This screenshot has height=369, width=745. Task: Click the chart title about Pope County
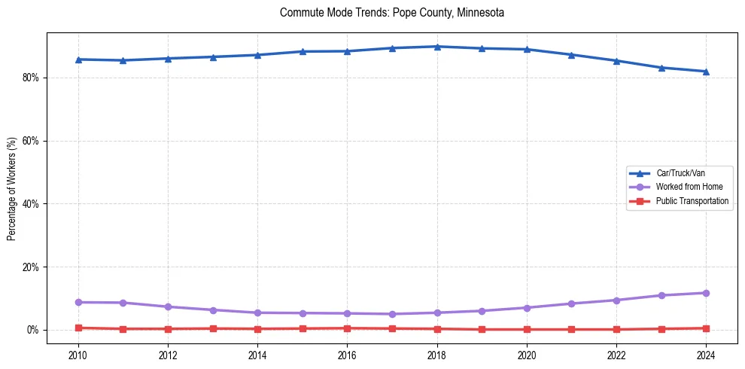[x=391, y=13]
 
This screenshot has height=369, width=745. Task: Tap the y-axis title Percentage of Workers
[x=11, y=188]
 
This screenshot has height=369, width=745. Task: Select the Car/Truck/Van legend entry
[x=680, y=173]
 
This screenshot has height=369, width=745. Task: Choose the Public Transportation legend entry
[x=692, y=201]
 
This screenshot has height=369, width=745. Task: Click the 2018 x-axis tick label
[x=437, y=355]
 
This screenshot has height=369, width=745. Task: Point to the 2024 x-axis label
[x=706, y=355]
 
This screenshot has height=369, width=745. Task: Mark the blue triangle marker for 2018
[x=437, y=47]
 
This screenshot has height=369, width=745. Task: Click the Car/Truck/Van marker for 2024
[x=706, y=72]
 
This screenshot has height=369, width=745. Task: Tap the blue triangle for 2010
[x=78, y=59]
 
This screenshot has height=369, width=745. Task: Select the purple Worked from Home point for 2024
[x=706, y=293]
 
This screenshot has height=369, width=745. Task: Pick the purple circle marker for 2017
[x=392, y=314]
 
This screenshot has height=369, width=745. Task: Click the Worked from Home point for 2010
[x=78, y=302]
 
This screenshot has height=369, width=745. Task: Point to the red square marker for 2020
[x=527, y=329]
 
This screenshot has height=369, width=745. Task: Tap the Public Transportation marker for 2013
[x=213, y=328]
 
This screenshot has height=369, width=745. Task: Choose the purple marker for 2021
[x=571, y=303]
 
